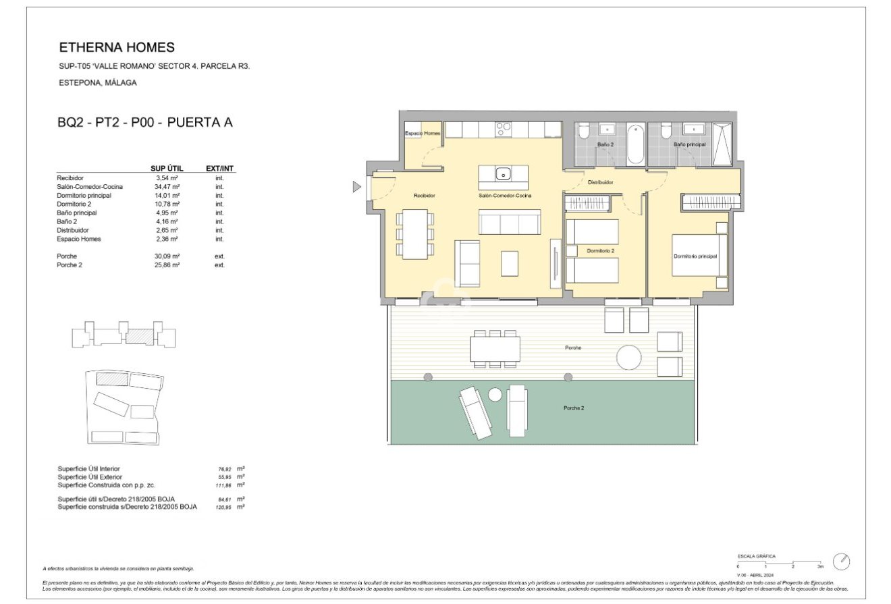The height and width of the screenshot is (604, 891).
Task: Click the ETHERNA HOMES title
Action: point(117,47)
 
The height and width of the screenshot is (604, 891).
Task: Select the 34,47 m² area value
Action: point(166,186)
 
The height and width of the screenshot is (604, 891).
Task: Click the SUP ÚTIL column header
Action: point(165,168)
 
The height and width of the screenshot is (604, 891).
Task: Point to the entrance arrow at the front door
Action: point(357,187)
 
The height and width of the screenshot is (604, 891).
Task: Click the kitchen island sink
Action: point(503,174)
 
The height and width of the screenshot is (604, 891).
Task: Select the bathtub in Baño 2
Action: point(635,144)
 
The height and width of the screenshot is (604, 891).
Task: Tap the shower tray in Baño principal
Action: point(722,144)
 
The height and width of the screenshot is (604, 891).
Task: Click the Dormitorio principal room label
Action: point(695,256)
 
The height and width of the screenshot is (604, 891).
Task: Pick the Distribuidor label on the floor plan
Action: point(600,182)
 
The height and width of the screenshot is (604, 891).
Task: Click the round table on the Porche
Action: point(629,357)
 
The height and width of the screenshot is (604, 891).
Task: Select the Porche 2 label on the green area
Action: point(574,408)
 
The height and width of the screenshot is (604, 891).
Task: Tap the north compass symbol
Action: point(841,561)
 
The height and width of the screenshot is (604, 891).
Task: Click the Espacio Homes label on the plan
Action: point(423,134)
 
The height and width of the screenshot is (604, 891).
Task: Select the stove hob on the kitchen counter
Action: point(504,129)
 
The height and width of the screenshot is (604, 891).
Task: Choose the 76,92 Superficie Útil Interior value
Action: point(223,468)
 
